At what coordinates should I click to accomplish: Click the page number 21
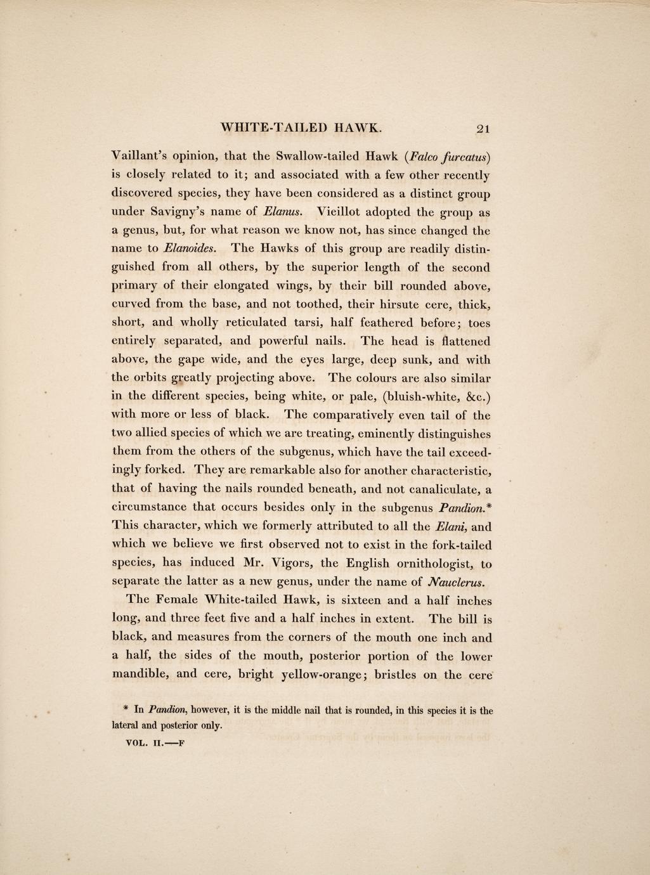pos(483,128)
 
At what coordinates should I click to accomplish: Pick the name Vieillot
pos(348,211)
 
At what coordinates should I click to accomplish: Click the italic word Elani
pos(450,526)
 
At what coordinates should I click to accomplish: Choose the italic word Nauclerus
pos(457,582)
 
